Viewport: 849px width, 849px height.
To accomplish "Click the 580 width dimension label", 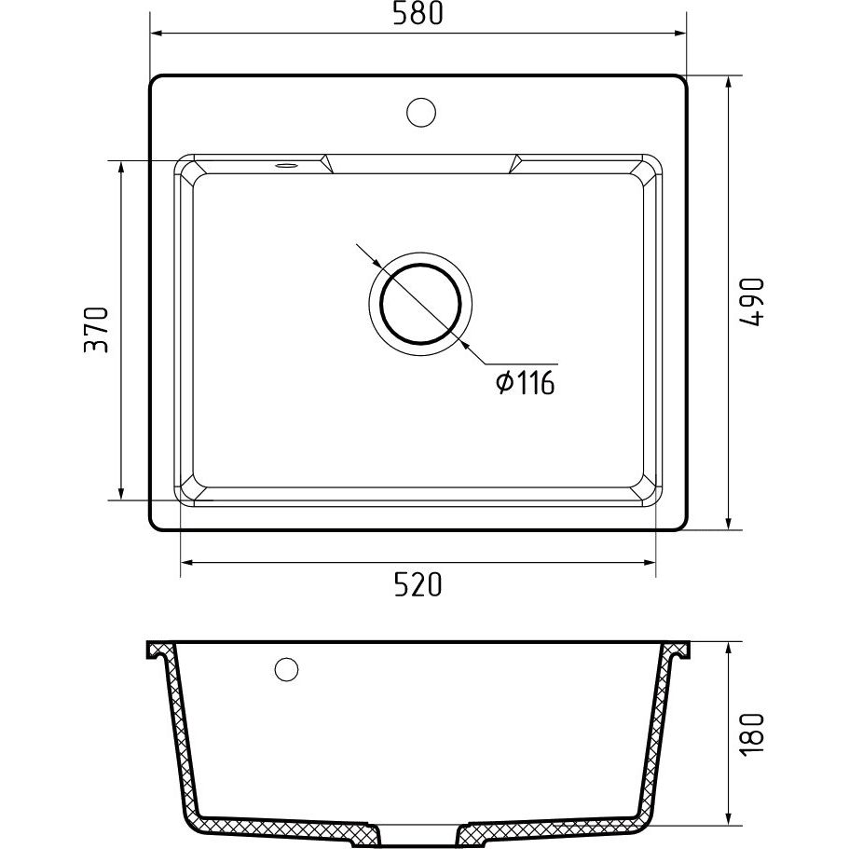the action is click(418, 14).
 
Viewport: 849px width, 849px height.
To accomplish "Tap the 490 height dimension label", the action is click(751, 302).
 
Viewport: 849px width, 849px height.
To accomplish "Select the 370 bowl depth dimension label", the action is click(96, 330).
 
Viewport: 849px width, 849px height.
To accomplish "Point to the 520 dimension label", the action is click(418, 584).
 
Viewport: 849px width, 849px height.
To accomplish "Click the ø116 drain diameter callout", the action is click(526, 383).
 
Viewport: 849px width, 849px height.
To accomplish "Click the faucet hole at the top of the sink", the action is click(421, 112).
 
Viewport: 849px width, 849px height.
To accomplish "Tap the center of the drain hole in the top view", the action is click(420, 305).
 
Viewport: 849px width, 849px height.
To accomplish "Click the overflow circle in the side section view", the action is click(286, 669).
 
